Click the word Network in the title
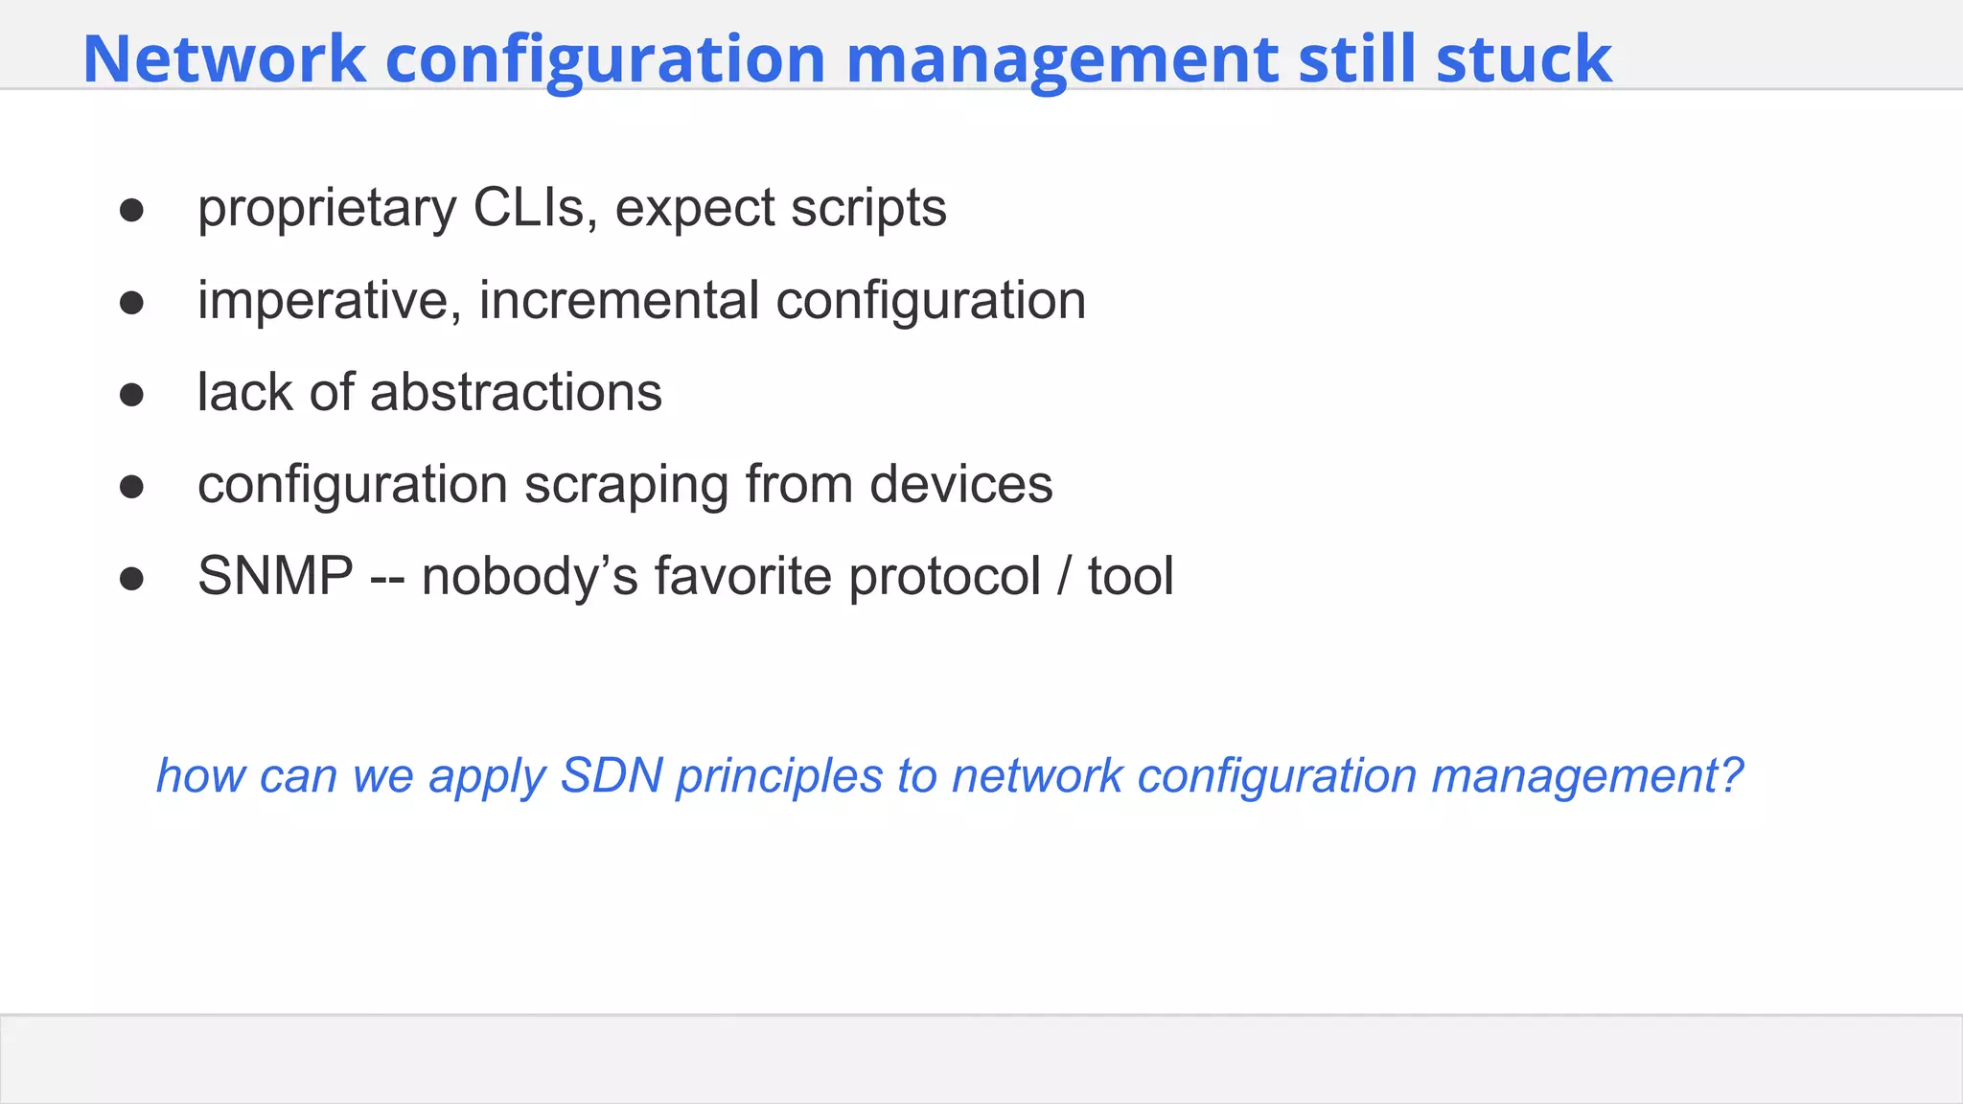(224, 59)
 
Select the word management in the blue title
(1061, 59)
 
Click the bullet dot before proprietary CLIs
(131, 211)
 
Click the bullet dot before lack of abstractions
(131, 395)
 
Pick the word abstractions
(516, 393)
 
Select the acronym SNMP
(275, 577)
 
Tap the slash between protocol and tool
(1064, 577)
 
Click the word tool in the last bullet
(1130, 577)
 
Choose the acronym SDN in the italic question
(612, 775)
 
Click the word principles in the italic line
(778, 775)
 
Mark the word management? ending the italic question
(1586, 775)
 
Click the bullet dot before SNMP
(131, 579)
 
